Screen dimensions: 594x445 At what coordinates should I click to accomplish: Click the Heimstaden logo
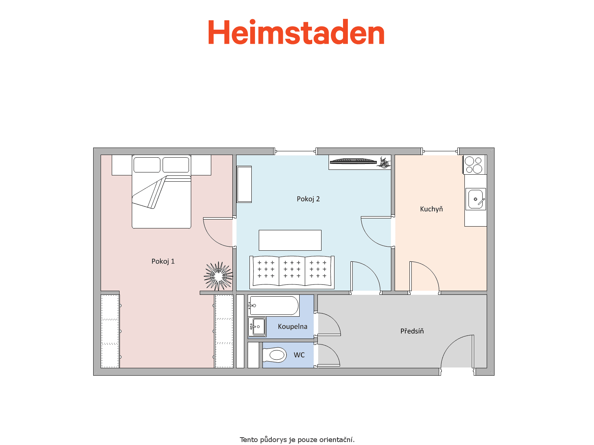click(296, 32)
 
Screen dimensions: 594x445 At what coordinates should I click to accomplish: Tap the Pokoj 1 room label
click(163, 261)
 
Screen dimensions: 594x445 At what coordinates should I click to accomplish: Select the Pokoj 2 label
click(308, 199)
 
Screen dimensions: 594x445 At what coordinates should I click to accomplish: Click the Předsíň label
click(412, 331)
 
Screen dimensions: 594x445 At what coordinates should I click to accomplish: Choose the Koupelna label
click(292, 326)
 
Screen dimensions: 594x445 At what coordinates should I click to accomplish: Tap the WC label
click(299, 355)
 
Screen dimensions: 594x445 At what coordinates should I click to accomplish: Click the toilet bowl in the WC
click(274, 355)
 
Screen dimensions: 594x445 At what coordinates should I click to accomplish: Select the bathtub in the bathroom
click(274, 306)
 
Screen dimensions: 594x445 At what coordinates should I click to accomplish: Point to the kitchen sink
click(476, 199)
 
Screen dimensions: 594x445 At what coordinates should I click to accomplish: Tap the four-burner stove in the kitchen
click(474, 165)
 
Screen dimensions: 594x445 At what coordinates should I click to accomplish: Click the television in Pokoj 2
click(353, 162)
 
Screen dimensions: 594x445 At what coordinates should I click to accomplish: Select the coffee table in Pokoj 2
click(290, 240)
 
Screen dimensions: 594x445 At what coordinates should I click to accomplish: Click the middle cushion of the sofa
click(292, 270)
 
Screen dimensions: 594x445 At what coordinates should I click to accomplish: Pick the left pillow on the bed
click(147, 165)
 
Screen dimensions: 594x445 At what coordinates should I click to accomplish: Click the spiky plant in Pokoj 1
click(218, 276)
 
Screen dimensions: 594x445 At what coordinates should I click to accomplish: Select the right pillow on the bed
click(176, 165)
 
